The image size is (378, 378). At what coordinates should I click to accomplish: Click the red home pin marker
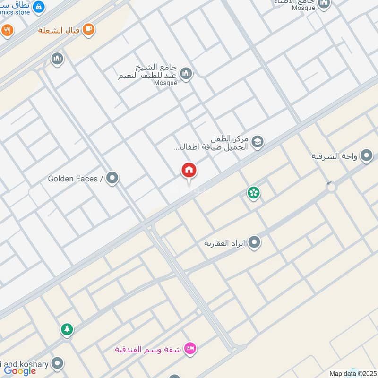click(189, 171)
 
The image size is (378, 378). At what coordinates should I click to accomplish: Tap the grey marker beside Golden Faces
click(112, 178)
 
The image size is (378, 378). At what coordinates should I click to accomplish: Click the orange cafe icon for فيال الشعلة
click(88, 30)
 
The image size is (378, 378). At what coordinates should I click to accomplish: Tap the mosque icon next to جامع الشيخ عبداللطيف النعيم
click(186, 73)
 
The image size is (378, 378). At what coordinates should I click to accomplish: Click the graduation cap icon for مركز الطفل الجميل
click(257, 142)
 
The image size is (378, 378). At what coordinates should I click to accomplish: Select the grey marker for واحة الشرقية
click(366, 155)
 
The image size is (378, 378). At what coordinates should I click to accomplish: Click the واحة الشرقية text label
click(334, 156)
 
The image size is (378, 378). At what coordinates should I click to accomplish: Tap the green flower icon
click(254, 192)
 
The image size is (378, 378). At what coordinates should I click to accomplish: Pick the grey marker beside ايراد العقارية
click(254, 243)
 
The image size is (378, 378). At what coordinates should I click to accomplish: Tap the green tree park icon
click(67, 329)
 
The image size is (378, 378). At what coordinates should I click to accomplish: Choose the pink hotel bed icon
click(190, 349)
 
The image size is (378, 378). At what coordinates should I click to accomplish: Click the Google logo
click(20, 371)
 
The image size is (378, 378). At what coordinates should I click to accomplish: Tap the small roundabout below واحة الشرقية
click(331, 187)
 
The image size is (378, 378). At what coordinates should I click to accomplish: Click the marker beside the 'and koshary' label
click(58, 363)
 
